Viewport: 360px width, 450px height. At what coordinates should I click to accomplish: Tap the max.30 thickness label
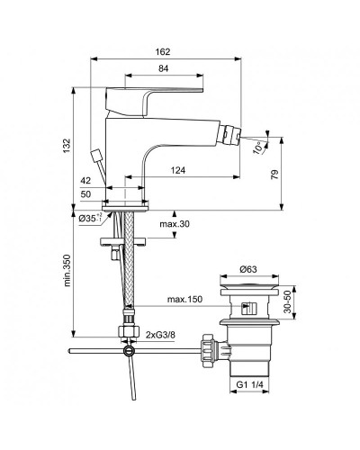175,224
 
